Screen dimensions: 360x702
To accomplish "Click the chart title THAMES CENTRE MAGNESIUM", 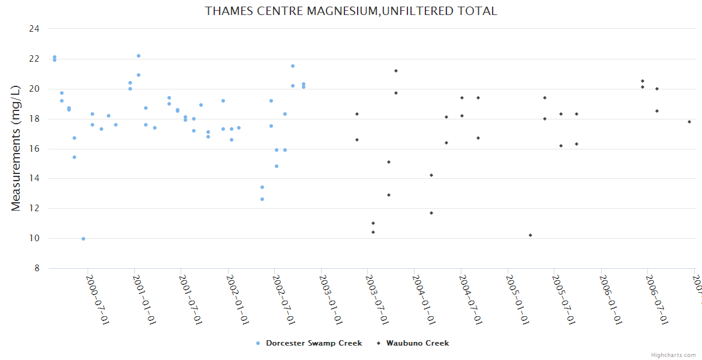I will (x=351, y=11).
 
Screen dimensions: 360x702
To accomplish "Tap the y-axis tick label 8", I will (x=37, y=268).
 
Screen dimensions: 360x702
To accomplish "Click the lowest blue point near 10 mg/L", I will (x=83, y=239).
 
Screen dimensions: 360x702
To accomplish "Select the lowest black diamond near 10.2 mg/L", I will (x=530, y=235).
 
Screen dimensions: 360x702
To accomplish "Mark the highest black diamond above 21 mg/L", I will (x=396, y=71).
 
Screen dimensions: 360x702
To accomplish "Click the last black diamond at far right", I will (x=689, y=122).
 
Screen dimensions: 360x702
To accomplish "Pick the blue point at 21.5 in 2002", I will (x=293, y=66).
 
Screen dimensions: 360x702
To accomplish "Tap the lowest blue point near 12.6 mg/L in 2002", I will (x=262, y=199).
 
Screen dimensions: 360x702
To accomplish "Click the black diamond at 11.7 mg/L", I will (x=431, y=213).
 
